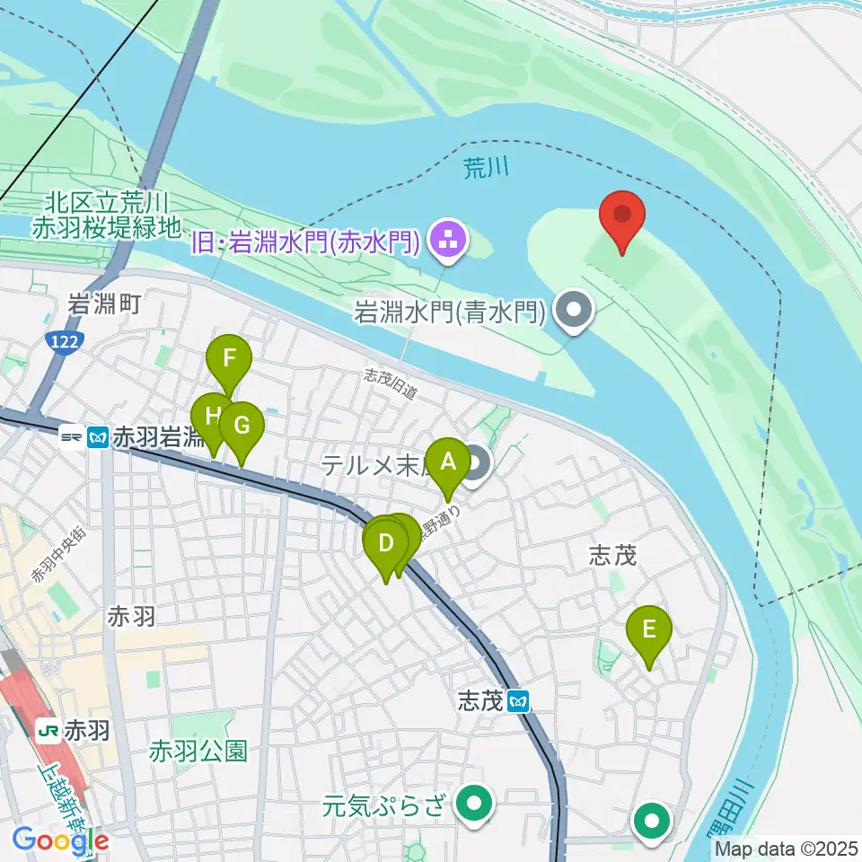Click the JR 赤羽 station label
(x=75, y=731)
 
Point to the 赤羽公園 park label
(x=198, y=750)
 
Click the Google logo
(x=60, y=840)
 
